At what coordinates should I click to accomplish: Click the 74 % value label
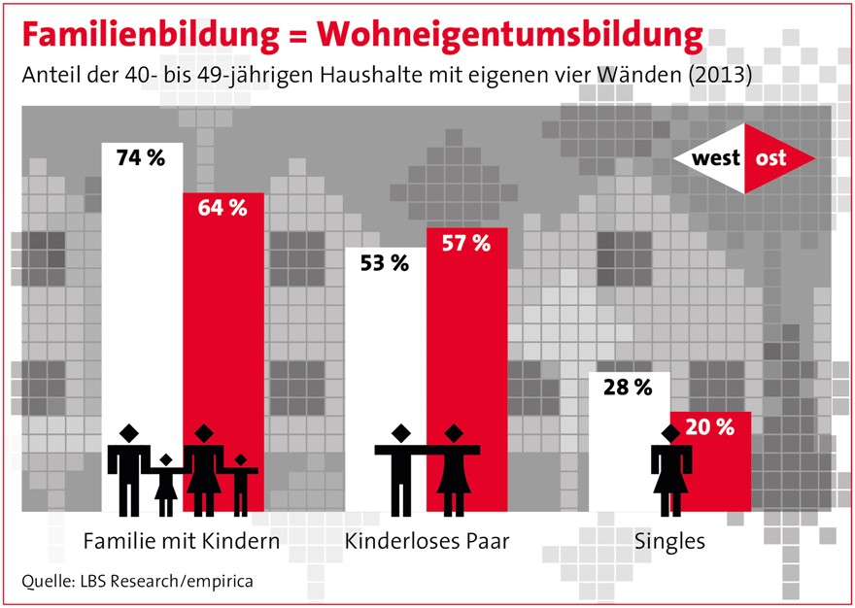141,157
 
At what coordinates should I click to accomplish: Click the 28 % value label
627,388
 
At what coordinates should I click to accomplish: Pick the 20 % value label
710,426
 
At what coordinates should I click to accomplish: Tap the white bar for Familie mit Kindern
142,291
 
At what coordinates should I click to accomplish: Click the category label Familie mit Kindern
182,540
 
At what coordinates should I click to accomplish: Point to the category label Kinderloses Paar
427,540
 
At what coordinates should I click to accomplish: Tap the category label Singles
669,540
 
